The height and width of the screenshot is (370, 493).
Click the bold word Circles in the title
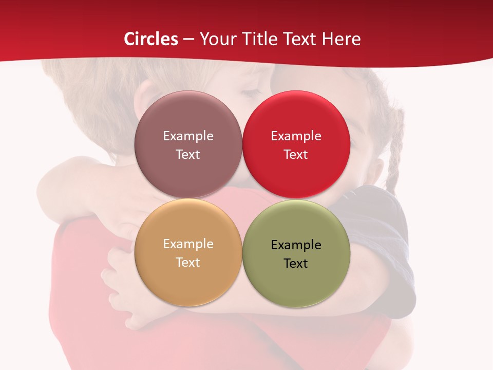(x=151, y=39)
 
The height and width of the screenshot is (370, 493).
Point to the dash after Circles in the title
(x=189, y=39)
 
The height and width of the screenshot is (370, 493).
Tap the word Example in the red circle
(x=296, y=136)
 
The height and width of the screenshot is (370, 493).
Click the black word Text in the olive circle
(x=296, y=263)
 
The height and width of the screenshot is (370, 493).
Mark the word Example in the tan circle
(x=188, y=244)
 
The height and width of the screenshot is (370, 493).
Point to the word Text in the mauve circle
(x=188, y=154)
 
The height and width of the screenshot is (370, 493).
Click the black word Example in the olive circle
(x=296, y=245)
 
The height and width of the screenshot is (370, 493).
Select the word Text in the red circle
(x=296, y=154)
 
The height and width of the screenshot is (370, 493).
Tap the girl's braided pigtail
(x=394, y=154)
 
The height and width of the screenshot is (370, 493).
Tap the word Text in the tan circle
(x=188, y=262)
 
